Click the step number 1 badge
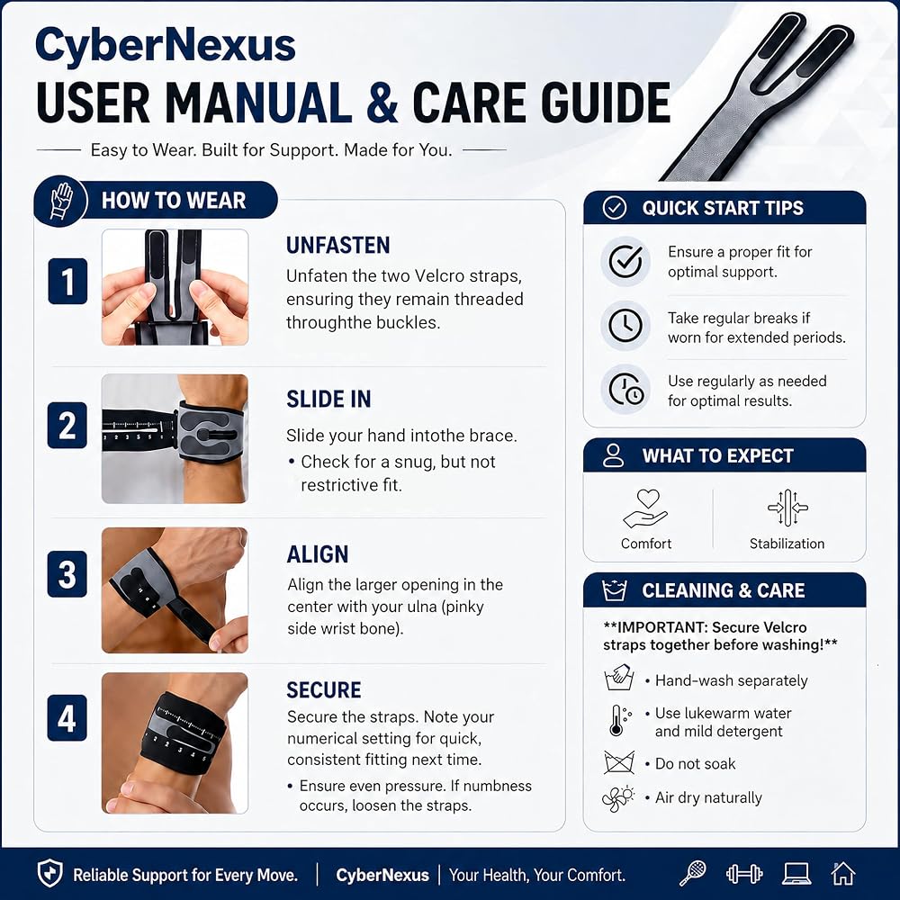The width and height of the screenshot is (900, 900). pyautogui.click(x=67, y=281)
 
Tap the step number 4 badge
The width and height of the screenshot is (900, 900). pyautogui.click(x=67, y=717)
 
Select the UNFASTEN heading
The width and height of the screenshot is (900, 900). pyautogui.click(x=338, y=245)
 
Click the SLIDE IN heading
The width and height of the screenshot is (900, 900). pyautogui.click(x=328, y=399)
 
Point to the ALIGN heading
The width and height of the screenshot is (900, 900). pyautogui.click(x=318, y=554)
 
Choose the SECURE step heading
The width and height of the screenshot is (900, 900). pyautogui.click(x=324, y=690)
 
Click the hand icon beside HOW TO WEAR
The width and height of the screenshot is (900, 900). pyautogui.click(x=61, y=201)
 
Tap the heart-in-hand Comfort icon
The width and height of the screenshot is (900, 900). pyautogui.click(x=645, y=508)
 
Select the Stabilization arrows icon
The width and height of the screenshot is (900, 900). pyautogui.click(x=787, y=508)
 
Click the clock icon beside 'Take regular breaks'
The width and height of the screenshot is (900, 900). pyautogui.click(x=625, y=326)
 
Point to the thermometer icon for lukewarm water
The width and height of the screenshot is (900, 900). pyautogui.click(x=619, y=721)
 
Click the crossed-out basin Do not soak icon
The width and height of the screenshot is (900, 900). pyautogui.click(x=619, y=762)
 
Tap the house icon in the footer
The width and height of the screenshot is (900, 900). pyautogui.click(x=843, y=874)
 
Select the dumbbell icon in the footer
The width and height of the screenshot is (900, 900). pyautogui.click(x=744, y=874)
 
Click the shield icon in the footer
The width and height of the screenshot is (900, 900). pyautogui.click(x=49, y=874)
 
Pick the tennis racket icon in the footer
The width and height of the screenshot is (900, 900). pyautogui.click(x=693, y=873)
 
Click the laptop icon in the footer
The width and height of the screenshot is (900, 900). pyautogui.click(x=796, y=874)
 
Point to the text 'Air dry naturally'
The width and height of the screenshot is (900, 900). pyautogui.click(x=708, y=797)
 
